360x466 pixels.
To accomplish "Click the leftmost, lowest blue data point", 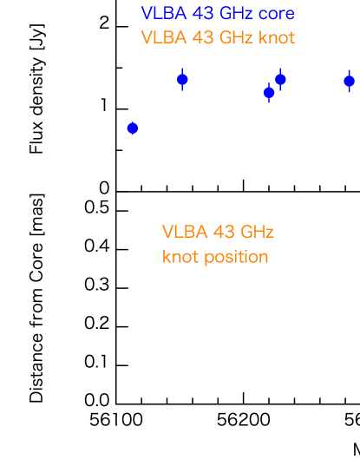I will coord(133,128).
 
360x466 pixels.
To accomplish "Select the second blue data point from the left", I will coord(182,80).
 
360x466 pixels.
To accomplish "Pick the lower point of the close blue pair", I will coord(269,93).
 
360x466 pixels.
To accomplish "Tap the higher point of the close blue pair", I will coord(280,79).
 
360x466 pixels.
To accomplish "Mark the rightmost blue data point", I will coord(349,81).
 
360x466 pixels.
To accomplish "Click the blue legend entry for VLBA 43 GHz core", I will coord(218,14).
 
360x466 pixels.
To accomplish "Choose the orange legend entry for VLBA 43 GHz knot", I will coord(218,38).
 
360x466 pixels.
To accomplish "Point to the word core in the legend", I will coord(278,14).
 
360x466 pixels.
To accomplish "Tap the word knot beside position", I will coord(179,258).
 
